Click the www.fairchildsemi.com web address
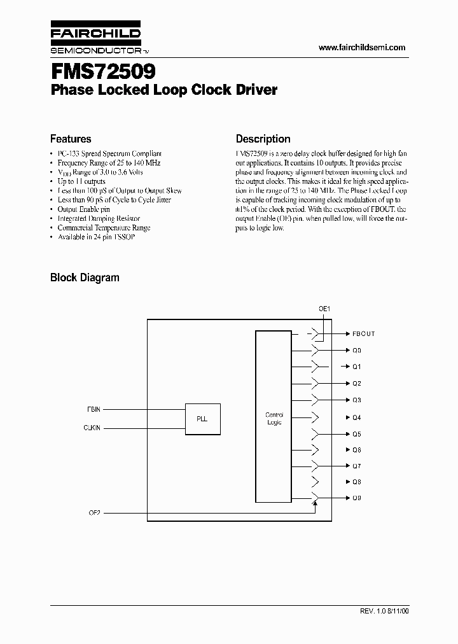point(361,48)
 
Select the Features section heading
point(71,139)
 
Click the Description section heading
point(263,139)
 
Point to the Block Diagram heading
point(85,277)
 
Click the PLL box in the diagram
point(203,419)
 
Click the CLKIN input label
point(92,428)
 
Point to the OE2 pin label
point(94,512)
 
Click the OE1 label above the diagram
point(324,309)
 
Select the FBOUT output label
point(363,333)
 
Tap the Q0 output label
point(357,350)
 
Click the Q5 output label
point(357,434)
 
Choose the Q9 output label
point(357,498)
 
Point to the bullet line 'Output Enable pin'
point(83,209)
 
